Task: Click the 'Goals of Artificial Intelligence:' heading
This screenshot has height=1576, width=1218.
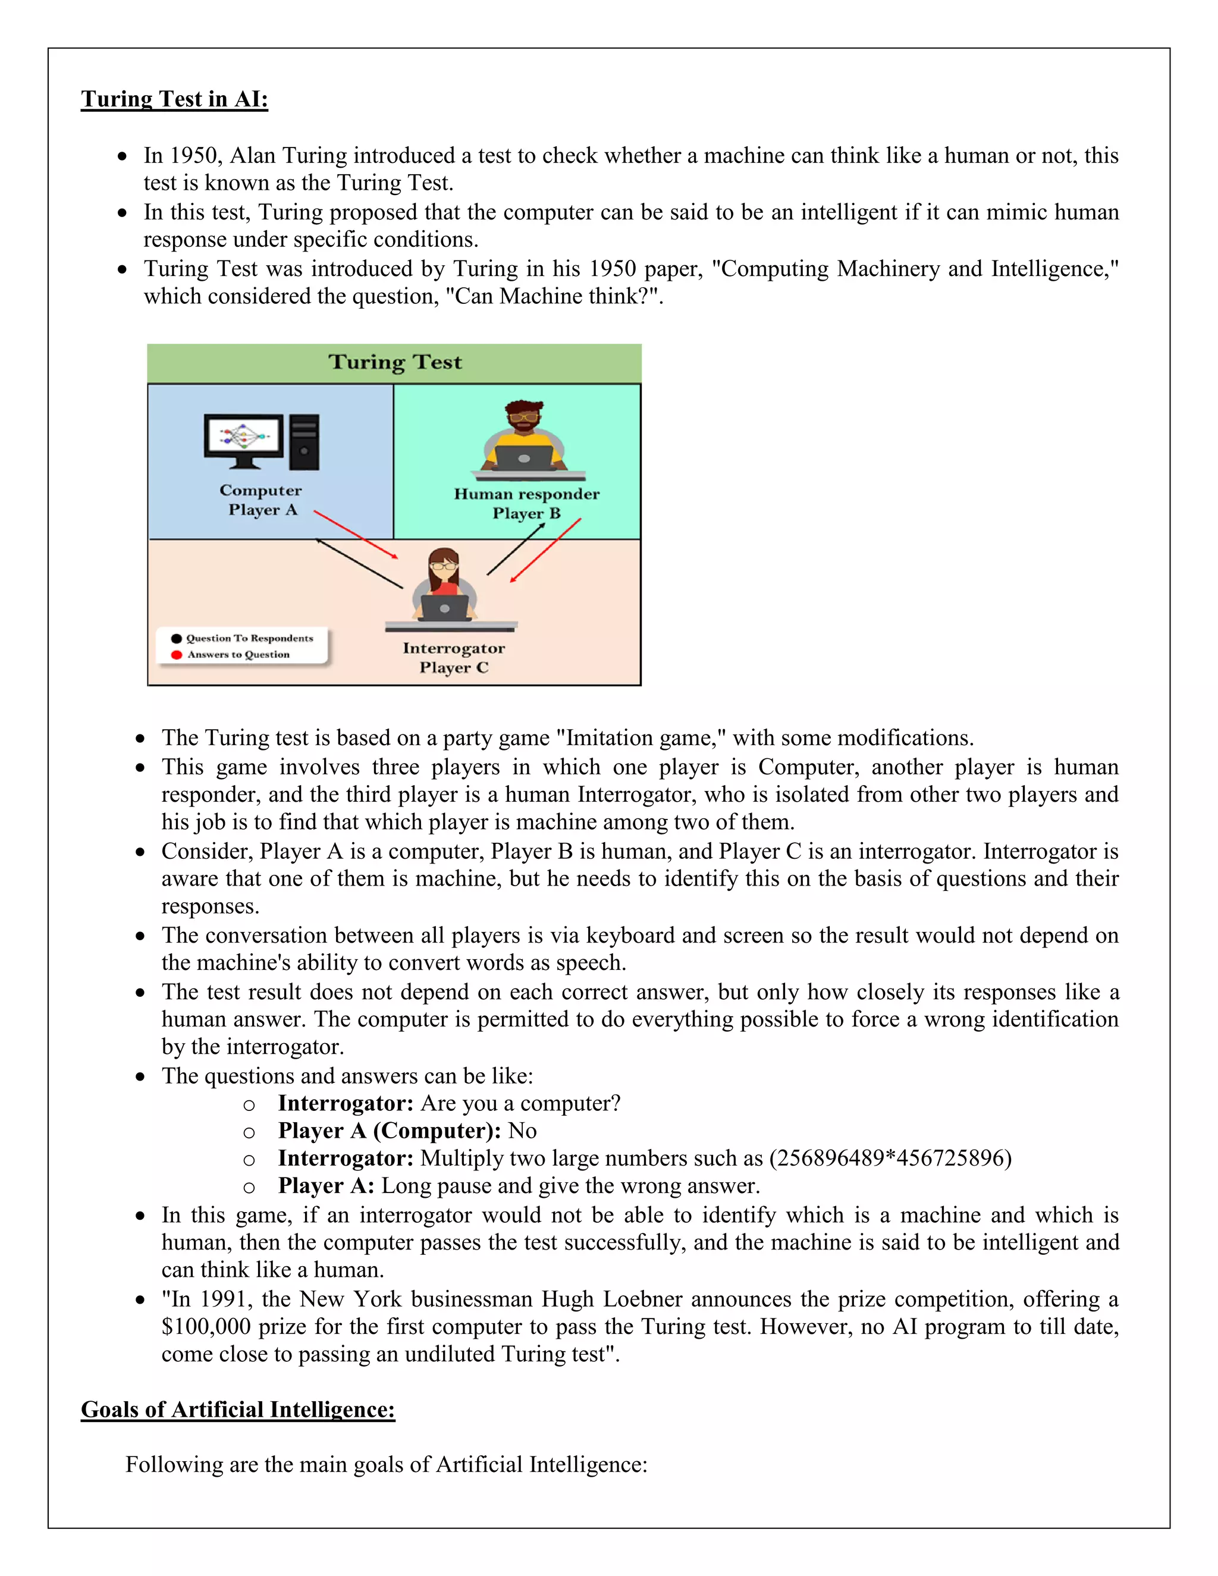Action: pos(237,1408)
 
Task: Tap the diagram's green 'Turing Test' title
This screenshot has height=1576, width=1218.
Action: pos(395,362)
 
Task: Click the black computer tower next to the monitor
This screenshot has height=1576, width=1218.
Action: pos(304,442)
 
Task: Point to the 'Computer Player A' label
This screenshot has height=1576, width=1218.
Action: pos(260,500)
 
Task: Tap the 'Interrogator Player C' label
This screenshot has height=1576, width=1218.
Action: pos(454,657)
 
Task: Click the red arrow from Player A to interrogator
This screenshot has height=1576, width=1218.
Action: pos(356,535)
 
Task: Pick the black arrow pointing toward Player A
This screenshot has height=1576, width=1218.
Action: pos(359,563)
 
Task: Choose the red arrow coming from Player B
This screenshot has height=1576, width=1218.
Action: pos(545,550)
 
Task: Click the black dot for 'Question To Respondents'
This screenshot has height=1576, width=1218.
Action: pos(176,638)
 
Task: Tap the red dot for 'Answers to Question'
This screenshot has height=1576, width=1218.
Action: pos(176,655)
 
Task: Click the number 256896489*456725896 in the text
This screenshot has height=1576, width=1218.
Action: pos(890,1158)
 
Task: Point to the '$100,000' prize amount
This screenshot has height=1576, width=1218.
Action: pos(206,1326)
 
